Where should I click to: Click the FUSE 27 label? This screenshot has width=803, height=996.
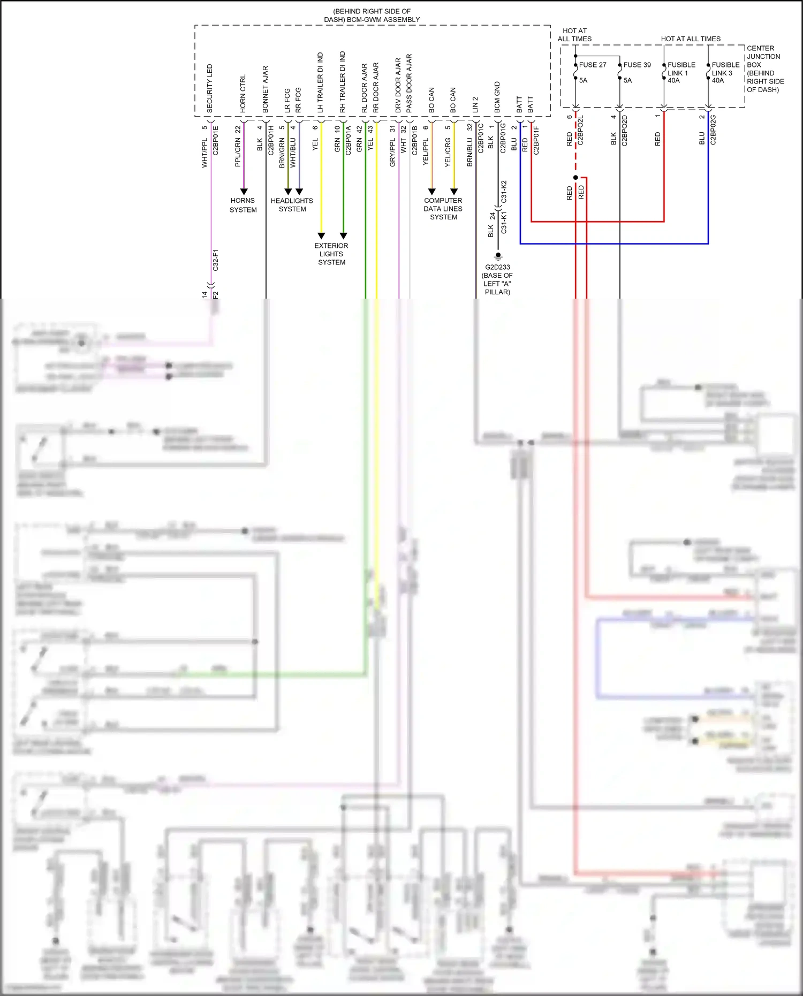(592, 65)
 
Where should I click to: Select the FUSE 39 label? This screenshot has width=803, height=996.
(637, 65)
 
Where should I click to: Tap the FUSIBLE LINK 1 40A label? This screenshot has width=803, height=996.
(680, 72)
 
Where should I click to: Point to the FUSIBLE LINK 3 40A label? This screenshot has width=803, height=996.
(725, 72)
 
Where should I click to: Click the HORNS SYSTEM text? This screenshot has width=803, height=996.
(243, 205)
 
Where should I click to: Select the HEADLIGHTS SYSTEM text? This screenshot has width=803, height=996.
(292, 205)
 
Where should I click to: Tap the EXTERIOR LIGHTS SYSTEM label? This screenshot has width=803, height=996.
(331, 254)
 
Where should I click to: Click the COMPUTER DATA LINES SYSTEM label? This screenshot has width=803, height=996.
(443, 209)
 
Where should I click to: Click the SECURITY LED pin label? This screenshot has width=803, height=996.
(210, 88)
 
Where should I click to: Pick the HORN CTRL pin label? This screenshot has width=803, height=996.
(243, 93)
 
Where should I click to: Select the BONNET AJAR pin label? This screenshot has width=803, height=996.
(266, 89)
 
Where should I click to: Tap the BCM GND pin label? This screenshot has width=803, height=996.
(497, 97)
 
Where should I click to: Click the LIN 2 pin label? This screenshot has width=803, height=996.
(475, 104)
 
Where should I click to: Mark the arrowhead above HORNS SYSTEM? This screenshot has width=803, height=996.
(244, 191)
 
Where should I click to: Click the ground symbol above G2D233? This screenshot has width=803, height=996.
(498, 256)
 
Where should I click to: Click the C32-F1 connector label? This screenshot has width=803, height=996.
(216, 260)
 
